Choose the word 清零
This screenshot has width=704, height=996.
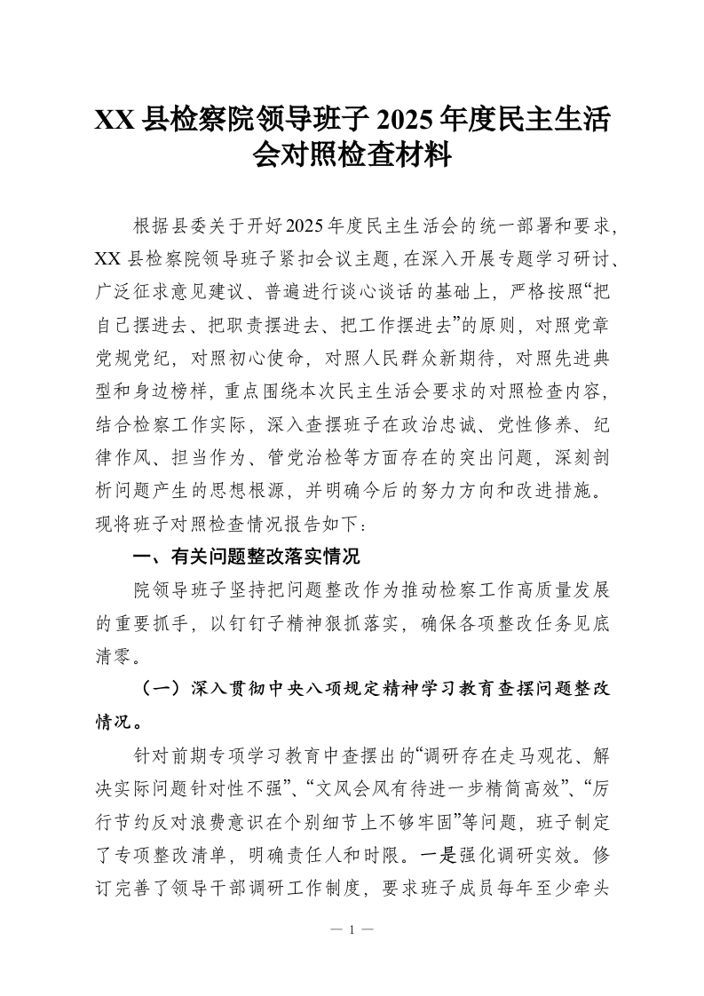click(x=115, y=655)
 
